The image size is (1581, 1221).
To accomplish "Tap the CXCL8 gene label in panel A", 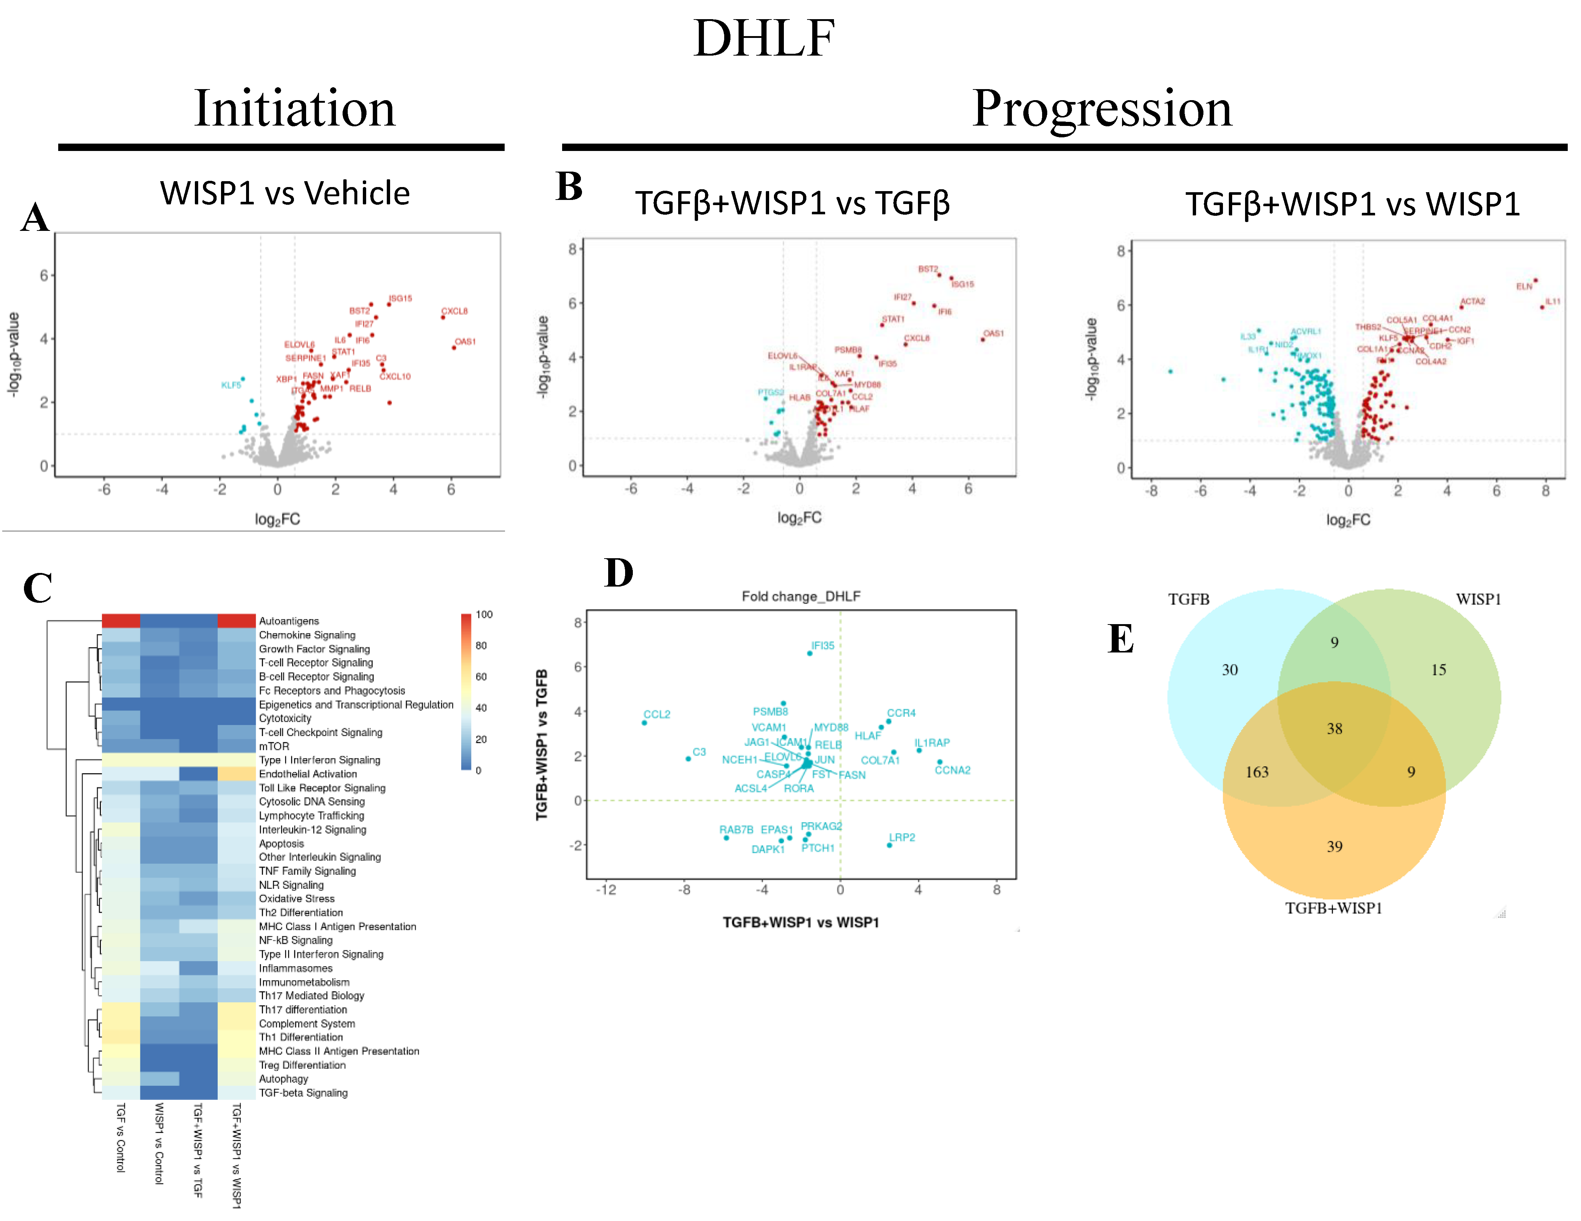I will (455, 311).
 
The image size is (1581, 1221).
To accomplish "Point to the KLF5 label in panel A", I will (231, 385).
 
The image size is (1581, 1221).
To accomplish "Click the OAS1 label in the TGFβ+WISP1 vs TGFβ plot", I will (993, 334).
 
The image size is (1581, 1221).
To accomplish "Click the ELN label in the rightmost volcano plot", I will (1524, 286).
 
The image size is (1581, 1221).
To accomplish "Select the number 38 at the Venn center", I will (1334, 729).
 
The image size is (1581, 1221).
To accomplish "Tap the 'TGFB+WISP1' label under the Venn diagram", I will (1333, 908).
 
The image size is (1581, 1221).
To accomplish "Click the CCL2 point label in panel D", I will (656, 714).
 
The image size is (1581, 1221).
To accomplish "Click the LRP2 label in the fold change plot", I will (902, 837).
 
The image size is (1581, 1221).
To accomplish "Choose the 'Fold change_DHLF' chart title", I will (801, 597).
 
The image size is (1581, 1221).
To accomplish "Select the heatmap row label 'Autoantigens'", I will (289, 621).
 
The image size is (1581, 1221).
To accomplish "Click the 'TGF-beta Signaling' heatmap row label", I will (303, 1093).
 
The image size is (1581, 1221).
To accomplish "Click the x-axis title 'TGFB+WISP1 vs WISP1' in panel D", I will (801, 923).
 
